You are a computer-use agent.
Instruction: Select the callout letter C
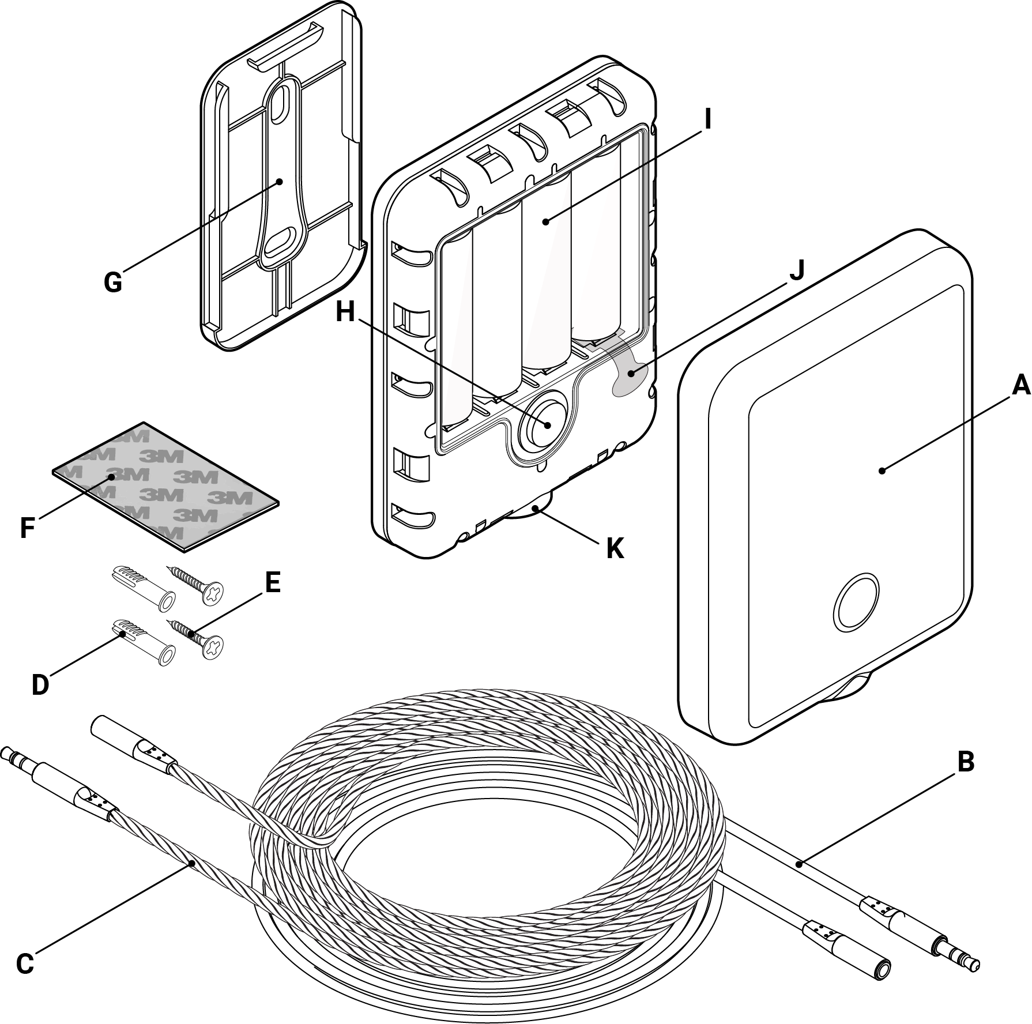click(24, 963)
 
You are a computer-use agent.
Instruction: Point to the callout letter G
click(113, 282)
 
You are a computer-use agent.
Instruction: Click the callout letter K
click(615, 548)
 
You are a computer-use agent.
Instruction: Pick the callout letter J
click(796, 270)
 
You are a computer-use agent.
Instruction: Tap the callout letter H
click(346, 313)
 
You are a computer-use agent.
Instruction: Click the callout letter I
click(707, 119)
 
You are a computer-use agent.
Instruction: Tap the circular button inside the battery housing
click(545, 424)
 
